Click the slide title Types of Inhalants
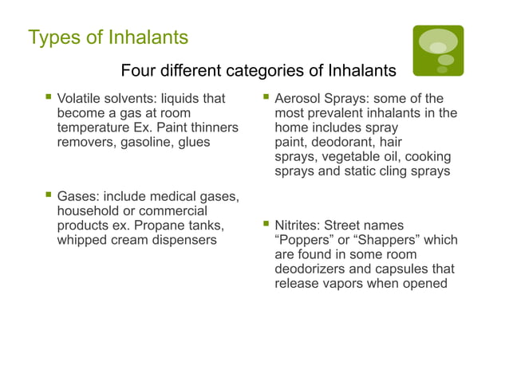[108, 37]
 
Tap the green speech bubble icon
[438, 50]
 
